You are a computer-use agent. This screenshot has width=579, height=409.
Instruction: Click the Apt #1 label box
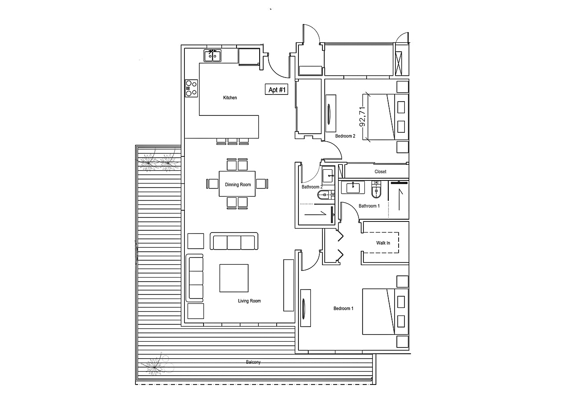[x=276, y=90]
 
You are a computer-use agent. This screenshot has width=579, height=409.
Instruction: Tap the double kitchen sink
[x=212, y=56]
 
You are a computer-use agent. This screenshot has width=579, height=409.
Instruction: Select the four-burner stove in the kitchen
[x=191, y=88]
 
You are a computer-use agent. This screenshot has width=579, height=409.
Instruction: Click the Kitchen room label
[x=230, y=98]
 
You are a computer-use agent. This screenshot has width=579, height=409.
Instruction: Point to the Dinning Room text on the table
[x=238, y=184]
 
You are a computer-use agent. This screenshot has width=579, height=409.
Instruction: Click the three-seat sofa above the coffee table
[x=234, y=241]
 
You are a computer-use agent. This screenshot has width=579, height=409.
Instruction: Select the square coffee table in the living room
[x=234, y=278]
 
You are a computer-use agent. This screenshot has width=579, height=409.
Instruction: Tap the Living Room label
[x=249, y=301]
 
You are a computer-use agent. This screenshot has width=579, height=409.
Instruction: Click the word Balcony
[x=253, y=362]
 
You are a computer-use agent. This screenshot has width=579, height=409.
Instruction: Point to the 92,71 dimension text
[x=363, y=117]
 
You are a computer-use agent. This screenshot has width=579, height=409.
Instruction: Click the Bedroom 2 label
[x=345, y=136]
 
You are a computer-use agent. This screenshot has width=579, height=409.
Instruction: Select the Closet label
[x=380, y=172]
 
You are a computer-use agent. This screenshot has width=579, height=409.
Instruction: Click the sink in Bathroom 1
[x=353, y=187]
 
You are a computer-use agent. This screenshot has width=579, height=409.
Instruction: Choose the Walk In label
[x=383, y=243]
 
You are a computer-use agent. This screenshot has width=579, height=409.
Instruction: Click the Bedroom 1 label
[x=343, y=308]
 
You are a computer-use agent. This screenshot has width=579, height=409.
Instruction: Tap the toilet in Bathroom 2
[x=326, y=195]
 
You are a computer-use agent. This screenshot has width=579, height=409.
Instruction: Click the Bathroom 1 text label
[x=369, y=206]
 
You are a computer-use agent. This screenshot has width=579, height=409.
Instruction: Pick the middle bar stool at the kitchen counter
[x=232, y=141]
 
